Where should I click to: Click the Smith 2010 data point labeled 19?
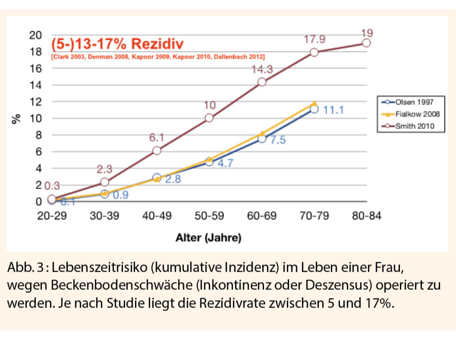[x=366, y=43]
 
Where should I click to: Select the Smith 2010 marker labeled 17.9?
[x=314, y=52]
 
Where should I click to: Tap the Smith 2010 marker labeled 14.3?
[x=262, y=82]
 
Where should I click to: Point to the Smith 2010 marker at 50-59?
[x=209, y=118]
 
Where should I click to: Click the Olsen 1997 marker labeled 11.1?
[x=314, y=109]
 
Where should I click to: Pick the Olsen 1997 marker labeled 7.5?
[x=262, y=139]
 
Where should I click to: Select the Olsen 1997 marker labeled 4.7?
[x=209, y=162]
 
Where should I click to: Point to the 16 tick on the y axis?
[x=36, y=68]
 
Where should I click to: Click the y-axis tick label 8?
[x=38, y=135]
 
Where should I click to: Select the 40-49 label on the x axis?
[x=157, y=216]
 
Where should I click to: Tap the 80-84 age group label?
[x=366, y=216]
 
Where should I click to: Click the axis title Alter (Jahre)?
[x=208, y=238]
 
